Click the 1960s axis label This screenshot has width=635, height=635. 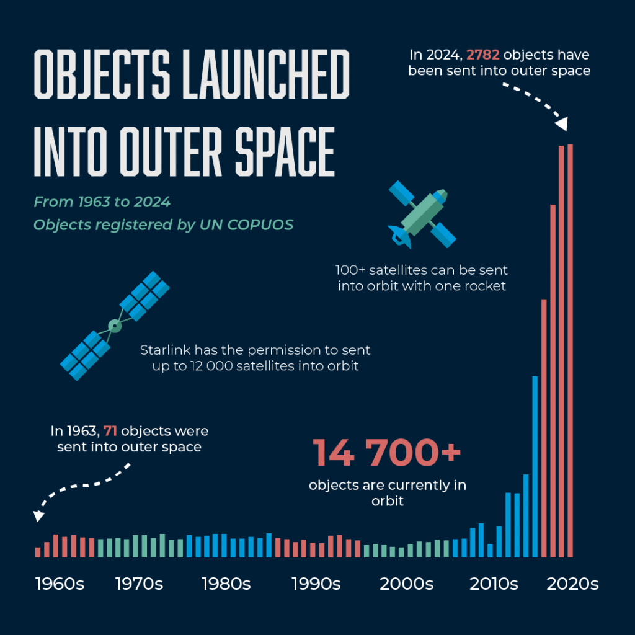[60, 584]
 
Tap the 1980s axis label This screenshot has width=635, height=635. [226, 584]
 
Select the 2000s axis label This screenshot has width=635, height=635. [406, 584]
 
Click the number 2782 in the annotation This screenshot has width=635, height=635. [483, 55]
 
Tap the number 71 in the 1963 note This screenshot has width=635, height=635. [111, 431]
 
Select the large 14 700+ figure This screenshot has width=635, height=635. [387, 453]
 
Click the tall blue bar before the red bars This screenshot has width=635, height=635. [535, 466]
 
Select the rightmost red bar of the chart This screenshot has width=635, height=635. [570, 350]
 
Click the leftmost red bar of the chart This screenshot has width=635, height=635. [38, 552]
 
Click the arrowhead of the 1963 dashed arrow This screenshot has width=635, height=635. [38, 515]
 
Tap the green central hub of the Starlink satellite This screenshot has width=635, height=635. [114, 325]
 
